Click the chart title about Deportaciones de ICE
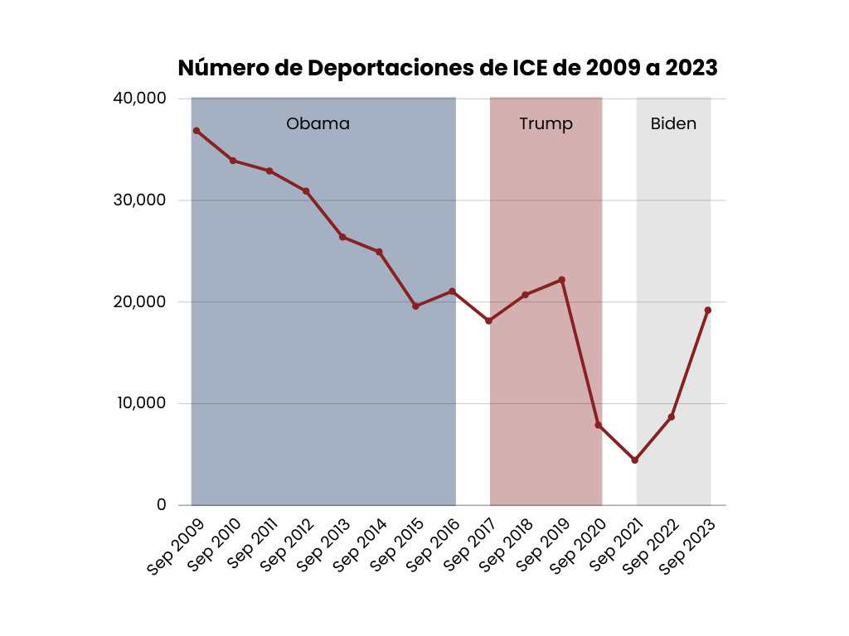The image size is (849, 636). tap(448, 68)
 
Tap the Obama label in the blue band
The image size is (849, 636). tap(318, 124)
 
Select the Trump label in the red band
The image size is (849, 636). tap(546, 124)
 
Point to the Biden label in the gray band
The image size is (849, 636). tap(673, 124)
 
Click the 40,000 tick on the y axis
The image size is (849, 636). tap(139, 99)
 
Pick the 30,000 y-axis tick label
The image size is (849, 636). tap(139, 200)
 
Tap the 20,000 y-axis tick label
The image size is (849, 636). tap(139, 302)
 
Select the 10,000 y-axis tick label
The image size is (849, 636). tap(139, 404)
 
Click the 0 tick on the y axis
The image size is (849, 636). tap(161, 505)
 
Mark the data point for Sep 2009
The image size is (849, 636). tap(196, 131)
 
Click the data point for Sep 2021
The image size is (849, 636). tap(635, 460)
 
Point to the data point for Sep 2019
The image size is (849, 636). tap(562, 280)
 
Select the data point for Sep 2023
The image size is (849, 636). tap(708, 311)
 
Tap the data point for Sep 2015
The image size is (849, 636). tap(415, 306)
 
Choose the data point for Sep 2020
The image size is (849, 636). tap(599, 426)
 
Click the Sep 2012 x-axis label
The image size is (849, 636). tap(287, 546)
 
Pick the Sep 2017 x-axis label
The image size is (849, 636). tap(469, 546)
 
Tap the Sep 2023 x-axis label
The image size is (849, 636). tap(688, 546)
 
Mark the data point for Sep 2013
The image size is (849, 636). tap(342, 237)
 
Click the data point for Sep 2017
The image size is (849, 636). tap(489, 321)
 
